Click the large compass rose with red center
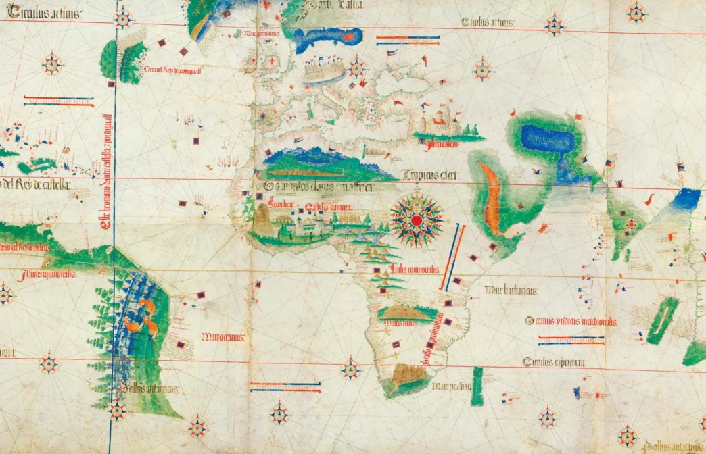coord(417,220)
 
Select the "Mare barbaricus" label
coord(511,291)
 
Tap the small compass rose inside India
coord(631,224)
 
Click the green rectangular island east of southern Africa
coord(477,385)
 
